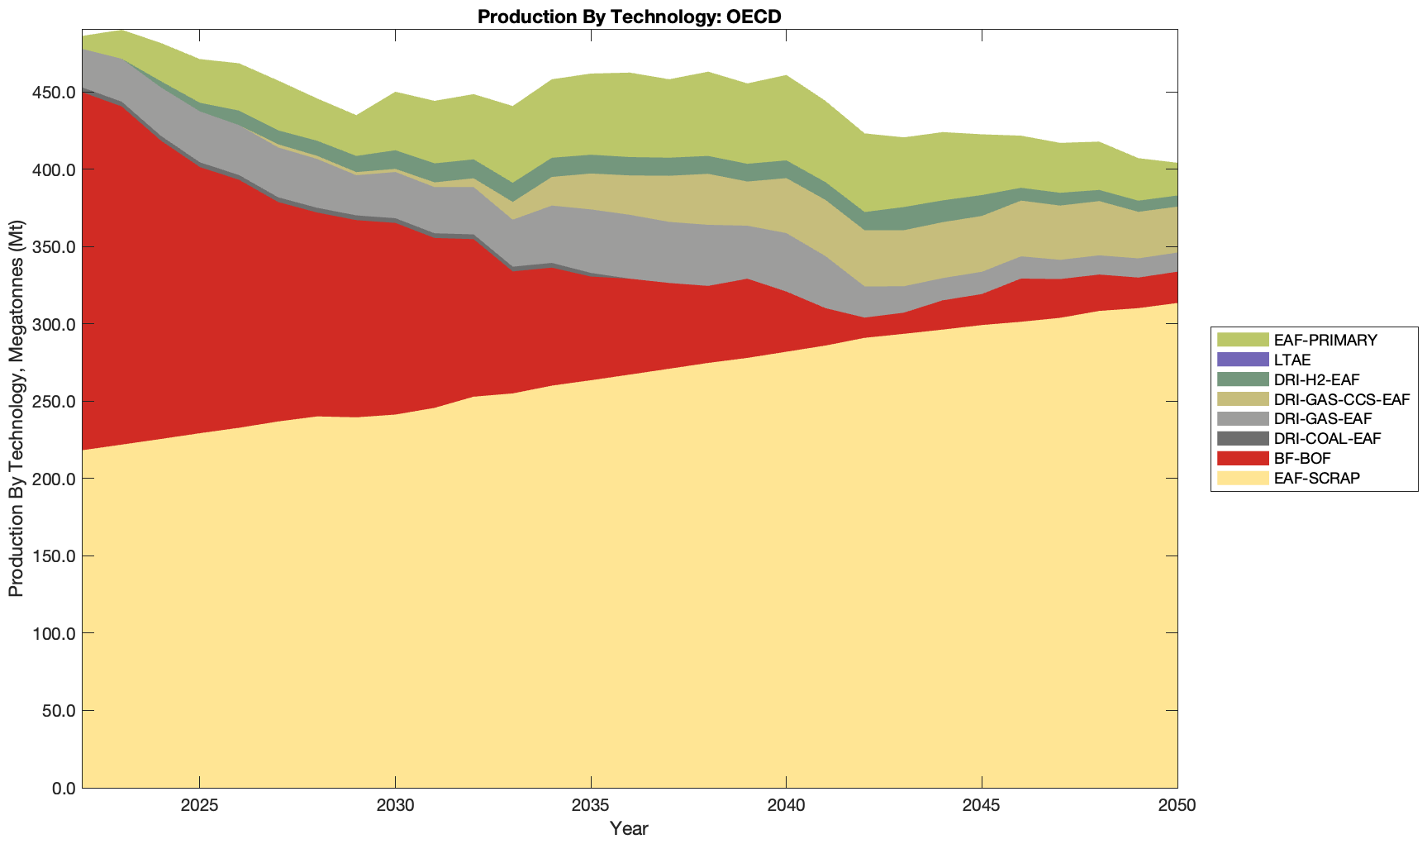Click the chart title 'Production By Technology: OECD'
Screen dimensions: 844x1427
point(629,16)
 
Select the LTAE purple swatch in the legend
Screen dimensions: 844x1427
point(1242,360)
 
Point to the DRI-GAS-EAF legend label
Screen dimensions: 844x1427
point(1323,419)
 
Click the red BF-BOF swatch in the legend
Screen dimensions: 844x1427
point(1242,458)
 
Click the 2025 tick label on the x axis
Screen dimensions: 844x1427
point(199,805)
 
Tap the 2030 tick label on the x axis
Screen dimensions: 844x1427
point(395,805)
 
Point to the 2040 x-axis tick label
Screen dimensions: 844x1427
point(786,805)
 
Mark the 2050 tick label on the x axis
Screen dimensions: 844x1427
point(1177,805)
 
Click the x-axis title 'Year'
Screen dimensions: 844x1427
point(629,828)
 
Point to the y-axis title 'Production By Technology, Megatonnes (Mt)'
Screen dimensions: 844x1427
point(16,408)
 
